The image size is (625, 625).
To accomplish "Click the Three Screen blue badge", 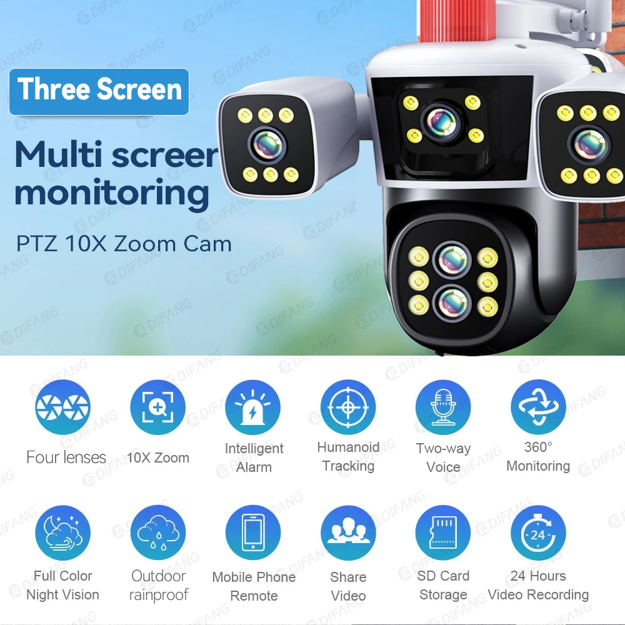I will [x=99, y=91].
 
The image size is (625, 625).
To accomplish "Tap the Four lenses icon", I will [x=63, y=407].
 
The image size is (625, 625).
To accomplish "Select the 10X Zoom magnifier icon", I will [x=157, y=407].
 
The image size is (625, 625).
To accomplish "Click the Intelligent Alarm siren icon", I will [x=253, y=407].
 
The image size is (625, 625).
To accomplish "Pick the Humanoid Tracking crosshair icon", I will [x=348, y=407].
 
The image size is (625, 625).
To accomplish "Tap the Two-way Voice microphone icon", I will [x=443, y=407].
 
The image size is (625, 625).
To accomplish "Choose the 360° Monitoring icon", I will [x=538, y=407].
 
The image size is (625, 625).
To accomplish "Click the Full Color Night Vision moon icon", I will [x=63, y=533].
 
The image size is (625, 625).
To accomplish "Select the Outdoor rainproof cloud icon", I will [x=157, y=533].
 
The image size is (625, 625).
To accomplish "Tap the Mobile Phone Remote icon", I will [x=253, y=533].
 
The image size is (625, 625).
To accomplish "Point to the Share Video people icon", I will [x=348, y=533].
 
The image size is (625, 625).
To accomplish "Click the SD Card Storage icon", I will [x=443, y=533].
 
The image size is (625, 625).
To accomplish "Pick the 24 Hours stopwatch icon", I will [x=538, y=533].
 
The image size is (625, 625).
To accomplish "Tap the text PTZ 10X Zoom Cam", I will [x=124, y=243].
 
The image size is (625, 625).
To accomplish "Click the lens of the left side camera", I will [x=269, y=144].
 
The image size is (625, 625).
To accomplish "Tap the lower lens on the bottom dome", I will [x=452, y=302].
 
